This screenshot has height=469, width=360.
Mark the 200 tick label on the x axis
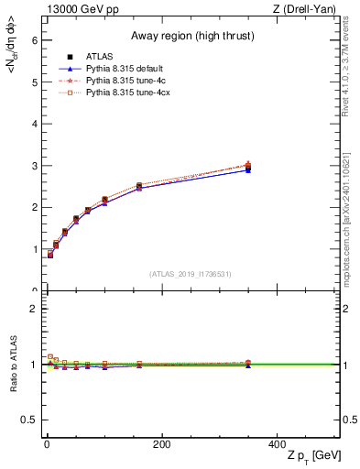161,443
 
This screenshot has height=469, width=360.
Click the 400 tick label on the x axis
277,443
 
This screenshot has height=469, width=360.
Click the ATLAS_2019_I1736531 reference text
190,273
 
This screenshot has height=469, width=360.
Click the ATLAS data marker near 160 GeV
139,186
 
